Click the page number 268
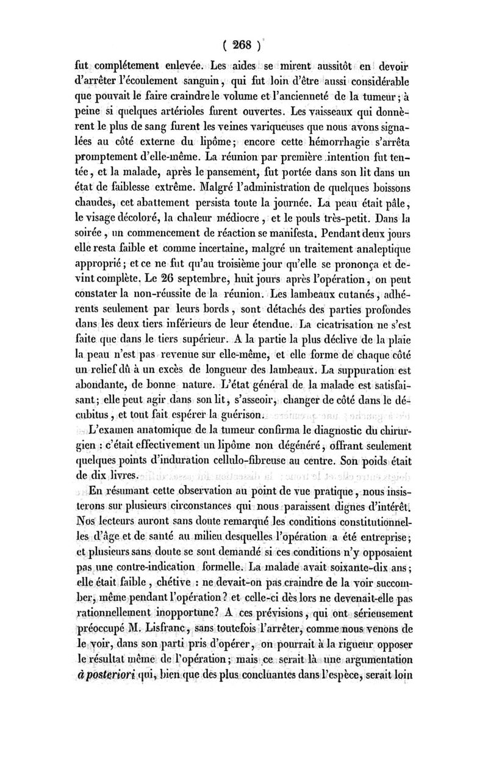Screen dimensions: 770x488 tap(243, 46)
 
